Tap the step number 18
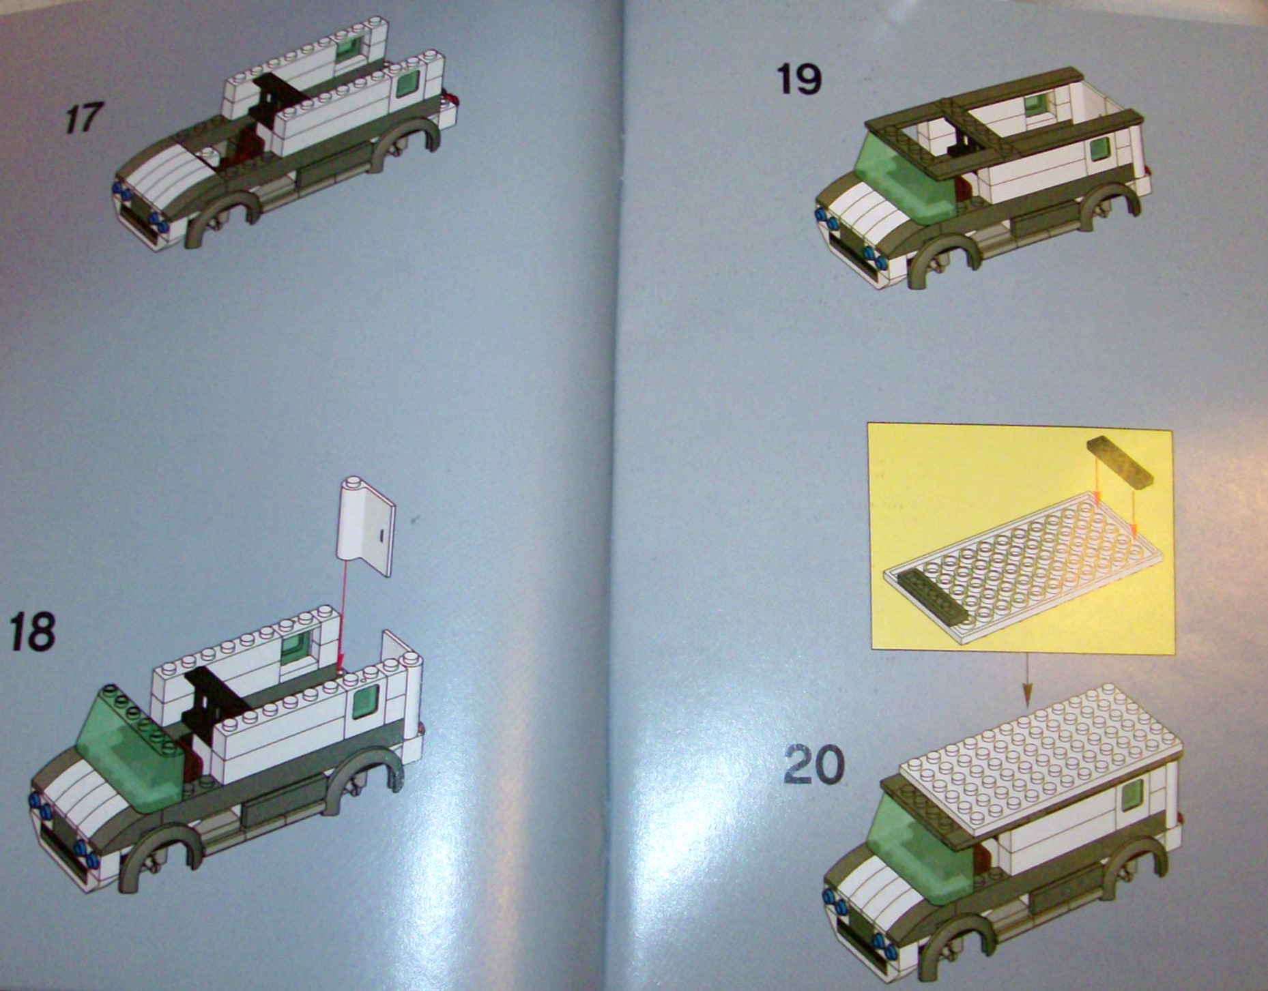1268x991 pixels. pos(31,632)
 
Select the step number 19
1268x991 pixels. pos(798,80)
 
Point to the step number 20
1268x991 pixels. pos(813,765)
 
